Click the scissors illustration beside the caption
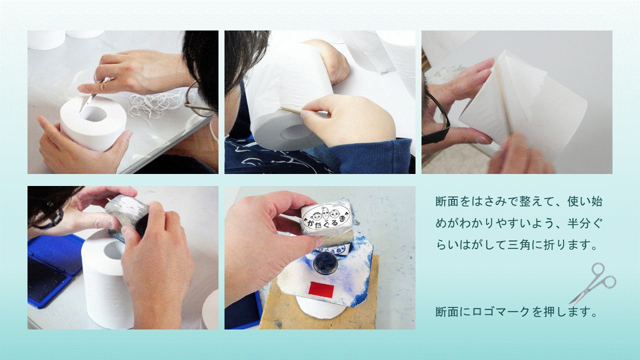tap(592, 283)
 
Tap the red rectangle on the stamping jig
tap(321, 289)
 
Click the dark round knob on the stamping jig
tap(325, 262)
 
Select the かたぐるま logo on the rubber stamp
tap(326, 219)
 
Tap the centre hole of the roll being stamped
tap(113, 250)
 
